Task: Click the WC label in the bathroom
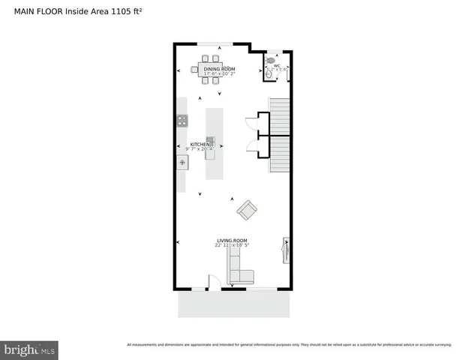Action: click(x=277, y=66)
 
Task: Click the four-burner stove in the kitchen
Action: click(x=182, y=120)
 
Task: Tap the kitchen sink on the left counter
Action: click(x=182, y=161)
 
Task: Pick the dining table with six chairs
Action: click(x=210, y=70)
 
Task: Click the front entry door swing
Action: click(x=212, y=283)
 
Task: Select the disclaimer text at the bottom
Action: click(x=289, y=345)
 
